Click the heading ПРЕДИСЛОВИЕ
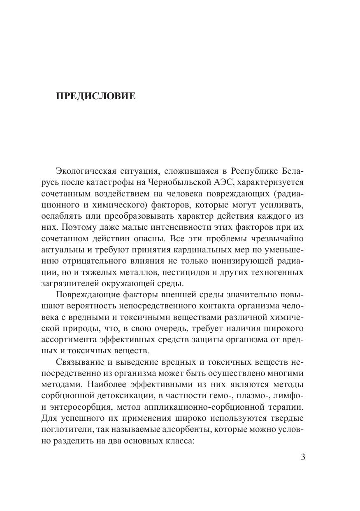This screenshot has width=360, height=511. [x=95, y=97]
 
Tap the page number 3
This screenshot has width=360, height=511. [x=303, y=457]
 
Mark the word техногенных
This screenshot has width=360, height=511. [x=280, y=273]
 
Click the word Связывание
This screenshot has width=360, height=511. [x=79, y=362]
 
